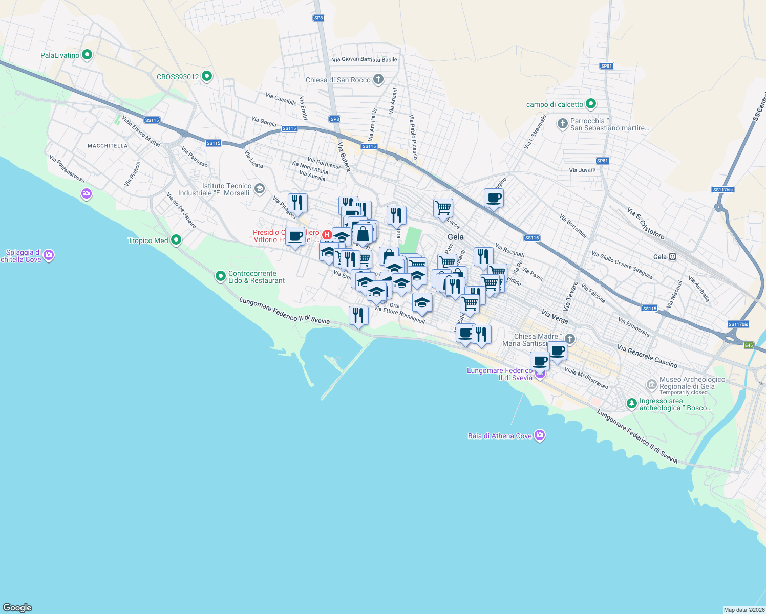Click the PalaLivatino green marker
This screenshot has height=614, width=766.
tap(87, 55)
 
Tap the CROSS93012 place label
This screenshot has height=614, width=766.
tap(178, 77)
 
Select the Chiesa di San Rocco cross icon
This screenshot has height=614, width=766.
tap(378, 79)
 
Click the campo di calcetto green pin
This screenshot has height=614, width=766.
tap(590, 104)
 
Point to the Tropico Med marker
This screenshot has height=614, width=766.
tap(176, 240)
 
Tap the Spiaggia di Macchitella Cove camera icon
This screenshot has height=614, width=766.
tap(49, 255)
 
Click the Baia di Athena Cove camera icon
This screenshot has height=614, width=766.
tap(539, 435)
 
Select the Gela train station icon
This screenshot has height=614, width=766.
tap(673, 257)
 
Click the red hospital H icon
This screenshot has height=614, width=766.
tap(327, 234)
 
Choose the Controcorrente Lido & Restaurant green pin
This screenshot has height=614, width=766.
tap(221, 276)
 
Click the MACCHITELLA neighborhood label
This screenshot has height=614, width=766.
tap(108, 146)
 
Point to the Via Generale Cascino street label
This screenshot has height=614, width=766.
tap(647, 356)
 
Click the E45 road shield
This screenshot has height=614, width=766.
tap(749, 345)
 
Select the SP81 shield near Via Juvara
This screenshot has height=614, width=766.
tap(603, 161)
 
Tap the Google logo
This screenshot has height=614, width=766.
tap(17, 608)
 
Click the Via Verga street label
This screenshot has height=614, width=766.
tap(555, 317)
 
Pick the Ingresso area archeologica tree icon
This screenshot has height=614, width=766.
tap(632, 404)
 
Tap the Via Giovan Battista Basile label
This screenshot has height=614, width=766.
tap(365, 59)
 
